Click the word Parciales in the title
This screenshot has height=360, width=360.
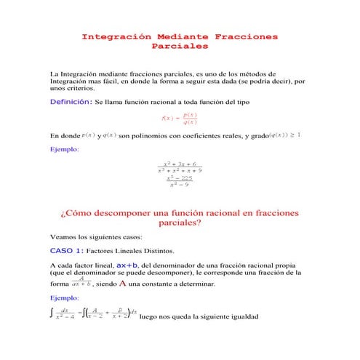pyautogui.click(x=179, y=46)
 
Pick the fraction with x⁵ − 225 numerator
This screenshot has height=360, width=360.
pyautogui.click(x=179, y=181)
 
